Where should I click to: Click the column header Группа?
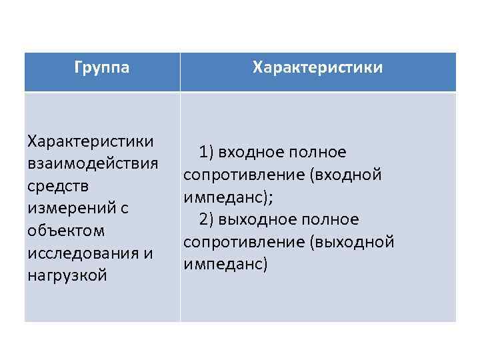(102, 68)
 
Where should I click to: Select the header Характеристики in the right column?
(318, 68)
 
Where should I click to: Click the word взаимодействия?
(93, 164)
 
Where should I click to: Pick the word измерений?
(68, 208)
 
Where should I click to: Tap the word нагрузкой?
(67, 275)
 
